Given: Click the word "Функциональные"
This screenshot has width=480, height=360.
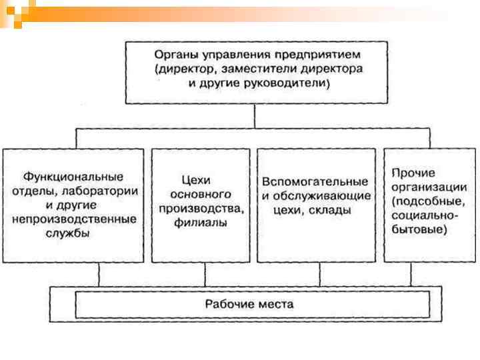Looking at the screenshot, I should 73,177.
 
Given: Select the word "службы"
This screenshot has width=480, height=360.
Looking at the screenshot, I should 73,234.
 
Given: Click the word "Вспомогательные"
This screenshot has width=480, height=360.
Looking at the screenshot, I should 315,181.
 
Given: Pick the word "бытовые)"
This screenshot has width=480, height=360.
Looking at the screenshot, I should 420,231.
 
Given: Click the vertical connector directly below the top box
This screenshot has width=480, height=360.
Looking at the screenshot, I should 255,116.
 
